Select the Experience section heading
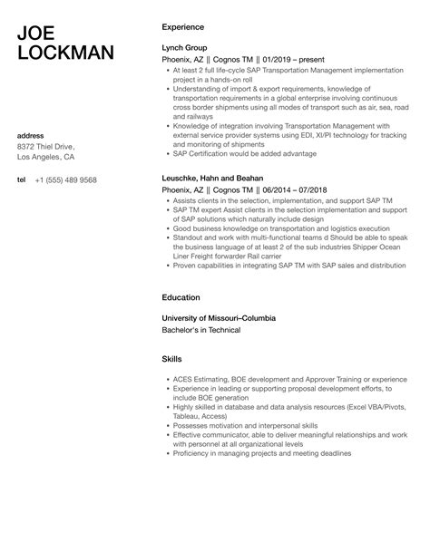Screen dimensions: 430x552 (182, 27)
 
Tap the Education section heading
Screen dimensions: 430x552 (181, 296)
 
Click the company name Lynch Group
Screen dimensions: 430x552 (184, 47)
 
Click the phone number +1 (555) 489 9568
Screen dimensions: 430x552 (65, 179)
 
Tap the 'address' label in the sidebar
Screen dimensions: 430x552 (32, 136)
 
